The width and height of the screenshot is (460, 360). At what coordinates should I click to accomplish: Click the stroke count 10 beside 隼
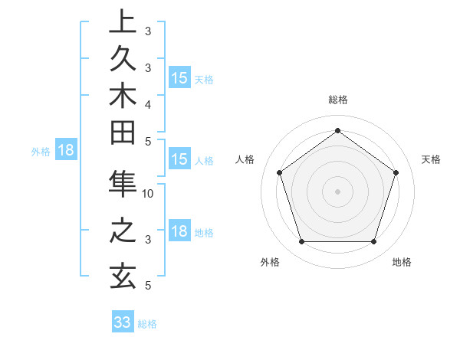[148, 194]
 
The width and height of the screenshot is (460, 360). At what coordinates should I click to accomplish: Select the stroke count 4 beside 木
[148, 103]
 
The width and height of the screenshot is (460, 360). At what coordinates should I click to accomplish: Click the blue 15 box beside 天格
[179, 77]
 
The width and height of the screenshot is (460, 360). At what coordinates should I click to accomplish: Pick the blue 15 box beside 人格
[179, 159]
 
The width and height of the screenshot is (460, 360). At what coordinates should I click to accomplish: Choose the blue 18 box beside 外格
[66, 150]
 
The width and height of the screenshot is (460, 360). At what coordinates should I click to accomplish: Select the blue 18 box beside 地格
[179, 231]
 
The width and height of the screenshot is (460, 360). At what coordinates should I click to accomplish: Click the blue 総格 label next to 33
[147, 324]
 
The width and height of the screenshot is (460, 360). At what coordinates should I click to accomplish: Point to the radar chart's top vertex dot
[337, 130]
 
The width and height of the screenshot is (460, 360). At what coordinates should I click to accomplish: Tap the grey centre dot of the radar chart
[337, 191]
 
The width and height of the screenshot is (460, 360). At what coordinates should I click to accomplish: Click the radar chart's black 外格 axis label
[270, 262]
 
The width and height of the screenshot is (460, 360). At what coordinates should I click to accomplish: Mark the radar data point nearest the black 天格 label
[396, 172]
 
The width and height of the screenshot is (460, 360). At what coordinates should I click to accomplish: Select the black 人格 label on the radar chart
[245, 159]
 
